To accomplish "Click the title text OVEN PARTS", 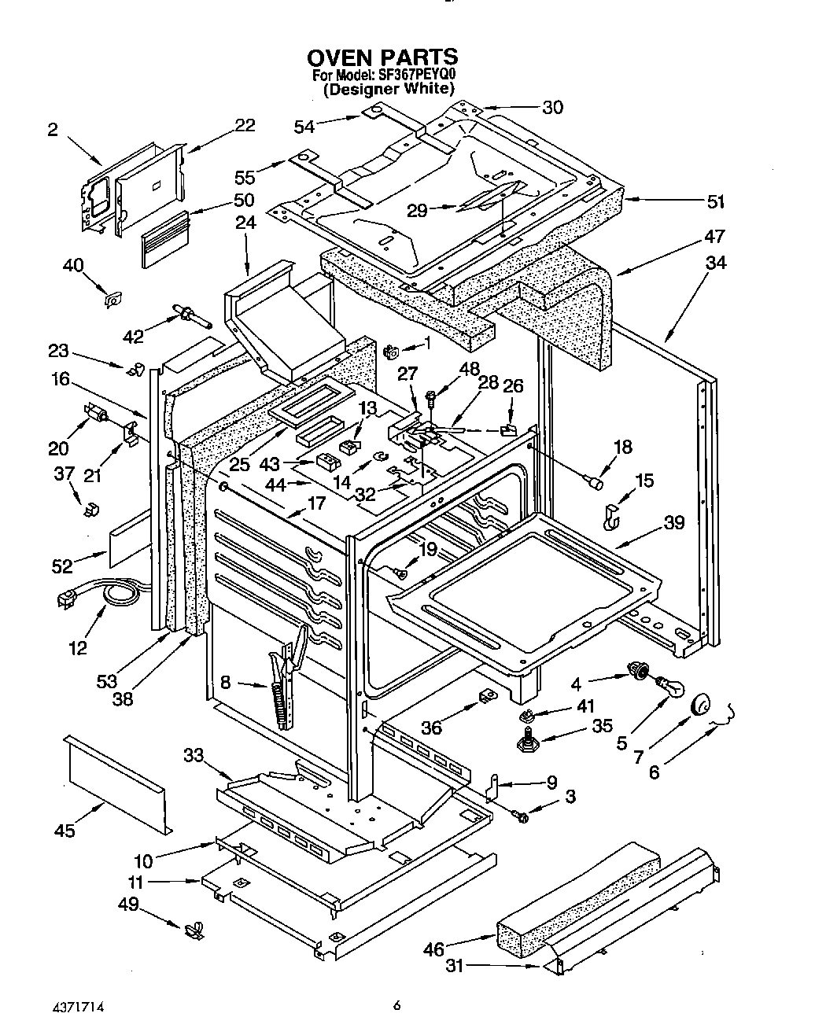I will click(x=382, y=57).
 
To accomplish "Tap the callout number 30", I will click(x=553, y=107).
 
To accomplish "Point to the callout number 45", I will click(x=65, y=830).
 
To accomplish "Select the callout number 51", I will click(x=714, y=201).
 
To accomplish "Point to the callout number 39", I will click(x=673, y=523).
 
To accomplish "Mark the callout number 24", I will click(x=246, y=223).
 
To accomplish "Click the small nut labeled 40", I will click(x=114, y=299).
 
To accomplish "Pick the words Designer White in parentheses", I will click(x=389, y=89).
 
